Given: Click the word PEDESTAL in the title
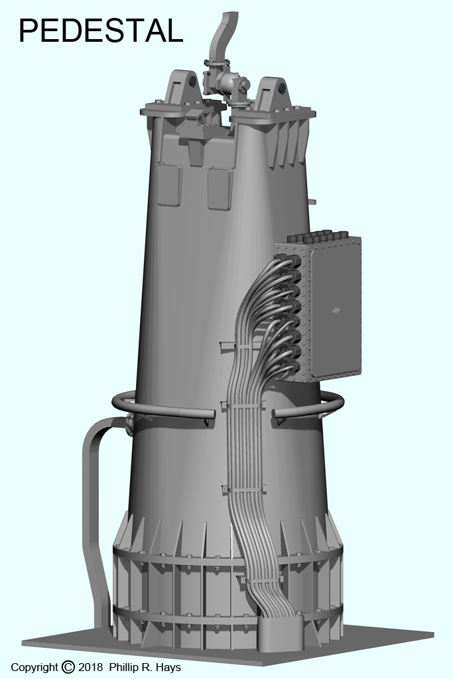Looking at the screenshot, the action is click(101, 31).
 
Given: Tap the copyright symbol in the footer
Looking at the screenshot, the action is click(68, 667).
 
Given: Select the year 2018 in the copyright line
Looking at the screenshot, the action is click(90, 667).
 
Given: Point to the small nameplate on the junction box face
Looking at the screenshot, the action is click(335, 310).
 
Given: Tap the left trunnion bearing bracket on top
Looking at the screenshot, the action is click(182, 90).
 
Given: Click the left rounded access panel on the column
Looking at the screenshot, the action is click(169, 184).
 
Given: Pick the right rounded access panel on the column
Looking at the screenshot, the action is click(220, 189).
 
